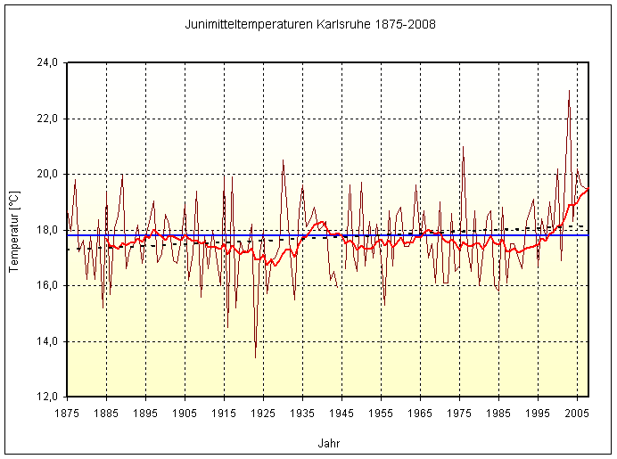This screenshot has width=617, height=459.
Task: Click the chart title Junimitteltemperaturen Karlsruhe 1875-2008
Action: tap(309, 25)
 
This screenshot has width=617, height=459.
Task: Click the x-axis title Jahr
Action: tap(328, 442)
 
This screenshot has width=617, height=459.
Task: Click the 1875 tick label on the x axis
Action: tap(67, 413)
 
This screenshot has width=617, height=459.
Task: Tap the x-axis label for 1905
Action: tap(185, 413)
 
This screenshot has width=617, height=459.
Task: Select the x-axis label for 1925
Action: tap(263, 413)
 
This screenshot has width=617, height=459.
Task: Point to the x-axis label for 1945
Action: tap(341, 413)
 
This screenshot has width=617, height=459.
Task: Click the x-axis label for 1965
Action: tap(420, 413)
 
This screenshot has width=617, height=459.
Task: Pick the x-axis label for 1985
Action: tap(498, 413)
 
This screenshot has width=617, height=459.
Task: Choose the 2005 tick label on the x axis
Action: tap(577, 413)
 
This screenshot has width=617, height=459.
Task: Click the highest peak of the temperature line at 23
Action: tap(569, 91)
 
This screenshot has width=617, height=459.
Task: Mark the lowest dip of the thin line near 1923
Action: tap(256, 357)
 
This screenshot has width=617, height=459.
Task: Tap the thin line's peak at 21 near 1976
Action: tap(463, 147)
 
